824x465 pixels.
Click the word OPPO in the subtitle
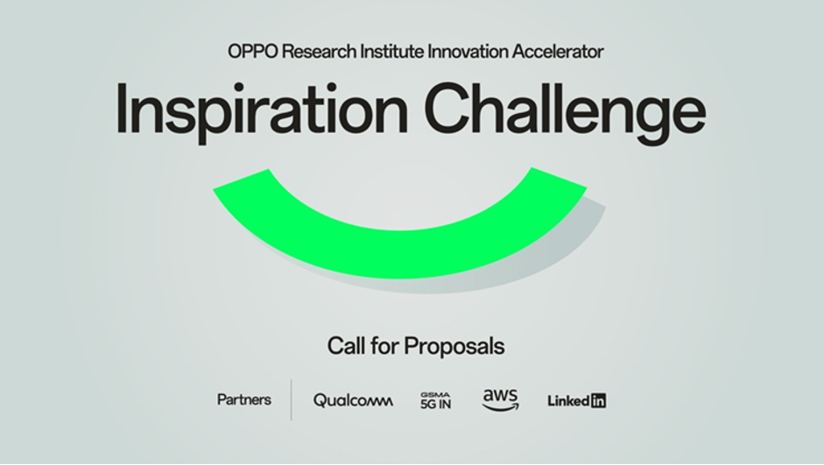253,52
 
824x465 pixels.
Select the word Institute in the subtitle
391,52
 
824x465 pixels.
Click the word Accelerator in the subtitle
558,52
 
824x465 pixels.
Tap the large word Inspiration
262,111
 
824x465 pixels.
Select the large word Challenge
565,111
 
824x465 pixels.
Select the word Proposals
454,347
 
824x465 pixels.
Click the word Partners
244,400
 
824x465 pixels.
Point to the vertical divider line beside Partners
291,400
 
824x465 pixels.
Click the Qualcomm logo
353,401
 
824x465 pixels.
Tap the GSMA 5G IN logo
436,400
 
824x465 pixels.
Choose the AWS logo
500,400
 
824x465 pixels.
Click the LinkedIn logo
576,401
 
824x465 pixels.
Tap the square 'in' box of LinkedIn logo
598,401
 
